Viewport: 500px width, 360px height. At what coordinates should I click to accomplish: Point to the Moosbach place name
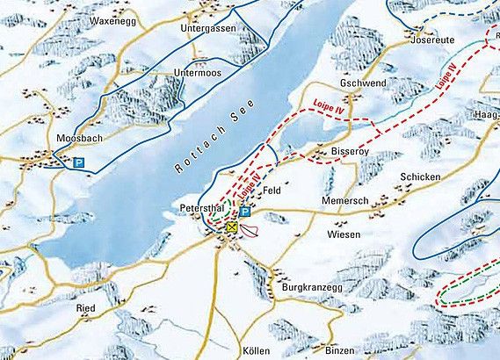pyautogui.click(x=74, y=140)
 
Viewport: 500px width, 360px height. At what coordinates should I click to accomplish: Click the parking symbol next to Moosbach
pyautogui.click(x=79, y=162)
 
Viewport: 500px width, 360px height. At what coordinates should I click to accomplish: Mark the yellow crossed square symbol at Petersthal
pyautogui.click(x=232, y=227)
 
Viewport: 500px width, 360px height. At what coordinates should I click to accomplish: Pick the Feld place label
pyautogui.click(x=272, y=190)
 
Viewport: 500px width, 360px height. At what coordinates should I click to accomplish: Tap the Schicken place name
pyautogui.click(x=418, y=176)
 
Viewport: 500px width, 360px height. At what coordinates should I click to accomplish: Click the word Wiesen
pyautogui.click(x=344, y=235)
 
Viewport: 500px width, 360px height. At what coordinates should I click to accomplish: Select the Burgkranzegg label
pyautogui.click(x=310, y=287)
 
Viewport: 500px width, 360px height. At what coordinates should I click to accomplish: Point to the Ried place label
pyautogui.click(x=86, y=308)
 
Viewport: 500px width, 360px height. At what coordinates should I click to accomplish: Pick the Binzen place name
pyautogui.click(x=340, y=349)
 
